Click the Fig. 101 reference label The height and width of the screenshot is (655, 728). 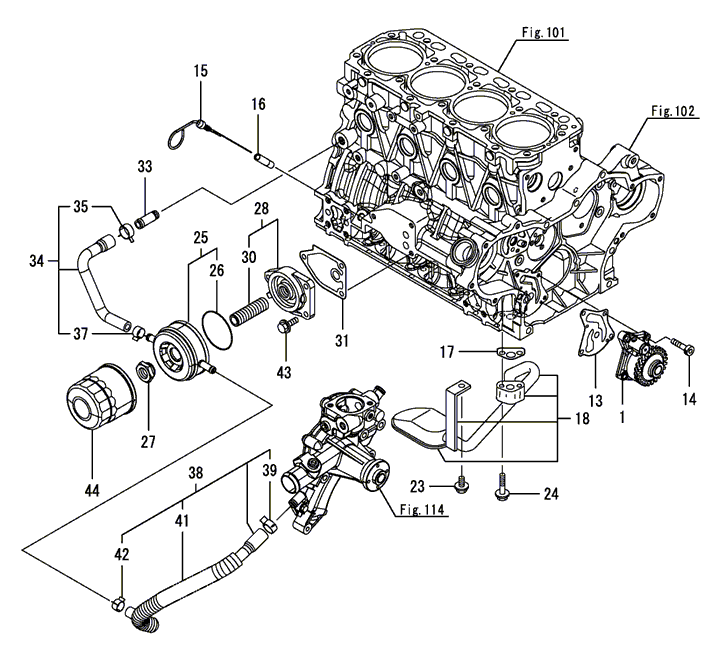[543, 33]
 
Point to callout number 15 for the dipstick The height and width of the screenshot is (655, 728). [201, 71]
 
